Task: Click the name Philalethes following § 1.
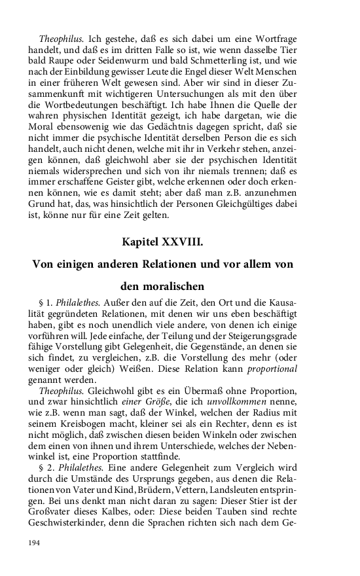pos(76,303)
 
